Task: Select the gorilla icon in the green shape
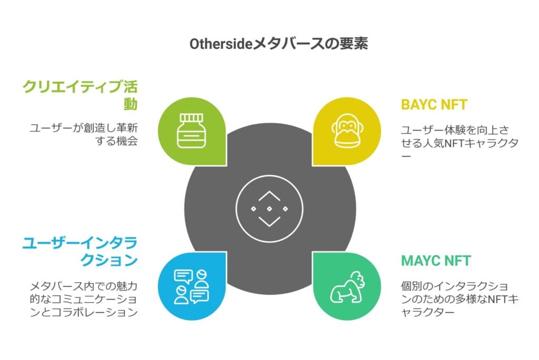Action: (x=347, y=287)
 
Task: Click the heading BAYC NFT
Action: (x=434, y=104)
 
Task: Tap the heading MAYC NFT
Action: (x=435, y=261)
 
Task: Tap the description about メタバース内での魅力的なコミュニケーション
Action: (x=84, y=299)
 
